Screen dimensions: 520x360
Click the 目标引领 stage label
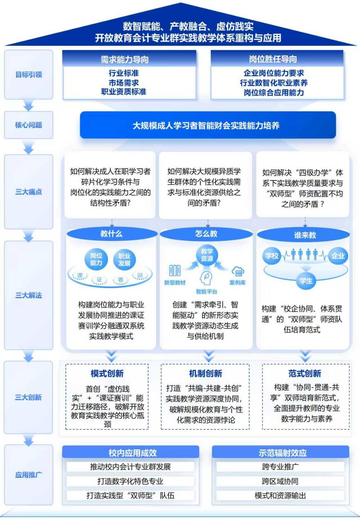click(x=29, y=75)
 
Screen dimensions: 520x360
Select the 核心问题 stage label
click(x=29, y=125)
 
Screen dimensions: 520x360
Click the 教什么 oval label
click(x=111, y=234)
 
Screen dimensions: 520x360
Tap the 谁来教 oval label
click(x=305, y=235)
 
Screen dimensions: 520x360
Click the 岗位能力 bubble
click(x=97, y=259)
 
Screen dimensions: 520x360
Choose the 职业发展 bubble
click(x=124, y=259)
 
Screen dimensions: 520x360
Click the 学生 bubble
click(x=306, y=281)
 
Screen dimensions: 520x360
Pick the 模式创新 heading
click(x=107, y=373)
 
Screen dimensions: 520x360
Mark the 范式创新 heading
click(x=305, y=373)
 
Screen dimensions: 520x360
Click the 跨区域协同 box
click(x=280, y=481)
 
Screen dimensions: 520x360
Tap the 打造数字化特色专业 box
click(x=130, y=481)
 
